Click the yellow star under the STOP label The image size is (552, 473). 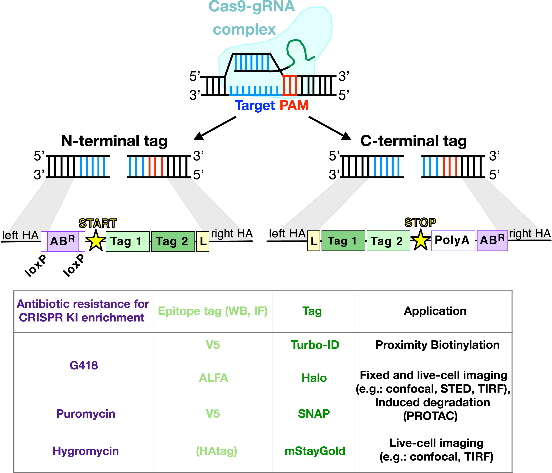[x=420, y=241]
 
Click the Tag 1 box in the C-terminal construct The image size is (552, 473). [x=343, y=241]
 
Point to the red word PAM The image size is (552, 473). [x=294, y=105]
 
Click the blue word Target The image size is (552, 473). [x=254, y=105]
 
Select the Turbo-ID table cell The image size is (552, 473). [x=315, y=345]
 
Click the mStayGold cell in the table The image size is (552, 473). [x=315, y=451]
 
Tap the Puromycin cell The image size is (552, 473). [x=85, y=414]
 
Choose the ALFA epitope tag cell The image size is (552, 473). [x=213, y=378]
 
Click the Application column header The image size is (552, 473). [x=435, y=311]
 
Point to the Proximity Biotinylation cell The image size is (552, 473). [x=437, y=345]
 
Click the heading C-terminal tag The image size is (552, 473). [x=413, y=141]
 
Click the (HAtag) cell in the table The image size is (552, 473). [x=216, y=451]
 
